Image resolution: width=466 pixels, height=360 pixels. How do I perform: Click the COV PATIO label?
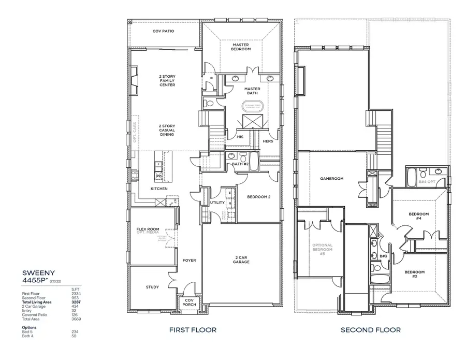point(163,31)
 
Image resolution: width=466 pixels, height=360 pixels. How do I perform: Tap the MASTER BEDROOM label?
point(241,47)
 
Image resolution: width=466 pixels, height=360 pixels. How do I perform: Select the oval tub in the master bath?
point(254,107)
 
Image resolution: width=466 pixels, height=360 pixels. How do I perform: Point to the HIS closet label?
point(240,137)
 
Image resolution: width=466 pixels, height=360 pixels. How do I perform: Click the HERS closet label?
point(268,141)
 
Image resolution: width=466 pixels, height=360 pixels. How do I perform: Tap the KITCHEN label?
point(159,189)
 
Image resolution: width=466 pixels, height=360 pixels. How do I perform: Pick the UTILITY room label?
point(217,203)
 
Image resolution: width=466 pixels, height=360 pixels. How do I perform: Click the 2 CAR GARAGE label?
point(241,260)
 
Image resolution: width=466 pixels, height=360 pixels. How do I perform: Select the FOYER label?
point(190,260)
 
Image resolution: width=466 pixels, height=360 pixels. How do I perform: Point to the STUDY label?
point(152,287)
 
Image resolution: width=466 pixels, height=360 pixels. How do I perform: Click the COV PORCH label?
point(190,303)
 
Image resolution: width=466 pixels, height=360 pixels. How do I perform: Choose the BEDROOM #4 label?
point(418,216)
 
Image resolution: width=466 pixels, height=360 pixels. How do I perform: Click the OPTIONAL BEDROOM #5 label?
point(322,249)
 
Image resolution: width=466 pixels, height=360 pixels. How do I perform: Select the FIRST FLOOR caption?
point(193,329)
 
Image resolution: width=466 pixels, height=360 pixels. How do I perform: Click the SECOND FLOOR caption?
point(370,329)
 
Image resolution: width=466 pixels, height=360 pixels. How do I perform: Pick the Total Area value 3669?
point(76,319)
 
